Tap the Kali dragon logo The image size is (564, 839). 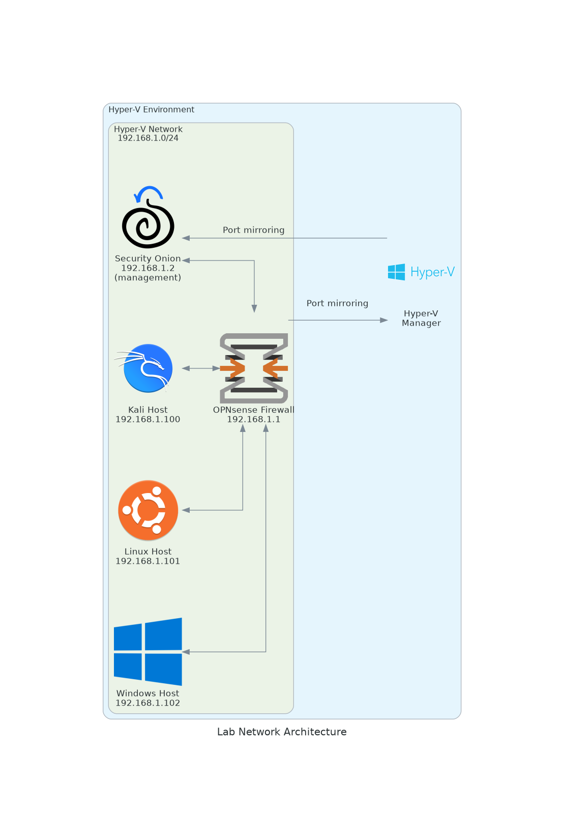(x=147, y=368)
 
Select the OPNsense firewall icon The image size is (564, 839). (x=254, y=368)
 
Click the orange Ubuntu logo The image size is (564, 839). (x=148, y=510)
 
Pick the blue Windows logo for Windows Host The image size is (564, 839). (x=148, y=651)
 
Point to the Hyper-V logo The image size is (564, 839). (x=421, y=272)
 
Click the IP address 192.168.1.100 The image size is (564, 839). (x=148, y=419)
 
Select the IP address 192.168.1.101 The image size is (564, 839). (x=148, y=561)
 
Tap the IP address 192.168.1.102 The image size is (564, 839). (x=148, y=703)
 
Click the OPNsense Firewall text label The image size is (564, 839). (x=254, y=410)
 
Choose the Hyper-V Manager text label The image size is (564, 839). (x=421, y=318)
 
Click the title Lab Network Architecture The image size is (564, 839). (x=282, y=732)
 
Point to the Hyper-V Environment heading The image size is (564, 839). (x=151, y=109)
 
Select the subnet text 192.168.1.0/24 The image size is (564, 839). (x=148, y=138)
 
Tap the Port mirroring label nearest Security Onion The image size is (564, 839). (x=253, y=230)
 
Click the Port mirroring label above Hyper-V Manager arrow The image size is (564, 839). (x=337, y=303)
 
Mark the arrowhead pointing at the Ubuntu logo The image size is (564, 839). (x=186, y=510)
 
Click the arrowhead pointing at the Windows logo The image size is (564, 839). (x=186, y=652)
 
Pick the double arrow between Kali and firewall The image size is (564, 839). (x=201, y=368)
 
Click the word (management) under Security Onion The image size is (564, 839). (x=148, y=277)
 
